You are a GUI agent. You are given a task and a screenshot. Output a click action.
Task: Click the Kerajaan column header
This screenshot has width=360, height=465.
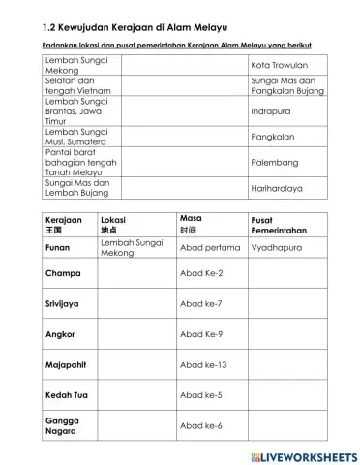tap(67, 225)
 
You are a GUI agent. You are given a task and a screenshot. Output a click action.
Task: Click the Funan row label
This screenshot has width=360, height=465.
tap(59, 248)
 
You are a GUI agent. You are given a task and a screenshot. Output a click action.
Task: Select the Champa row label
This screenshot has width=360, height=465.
tap(63, 273)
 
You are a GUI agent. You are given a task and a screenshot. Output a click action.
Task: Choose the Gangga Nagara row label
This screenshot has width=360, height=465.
tap(62, 426)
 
